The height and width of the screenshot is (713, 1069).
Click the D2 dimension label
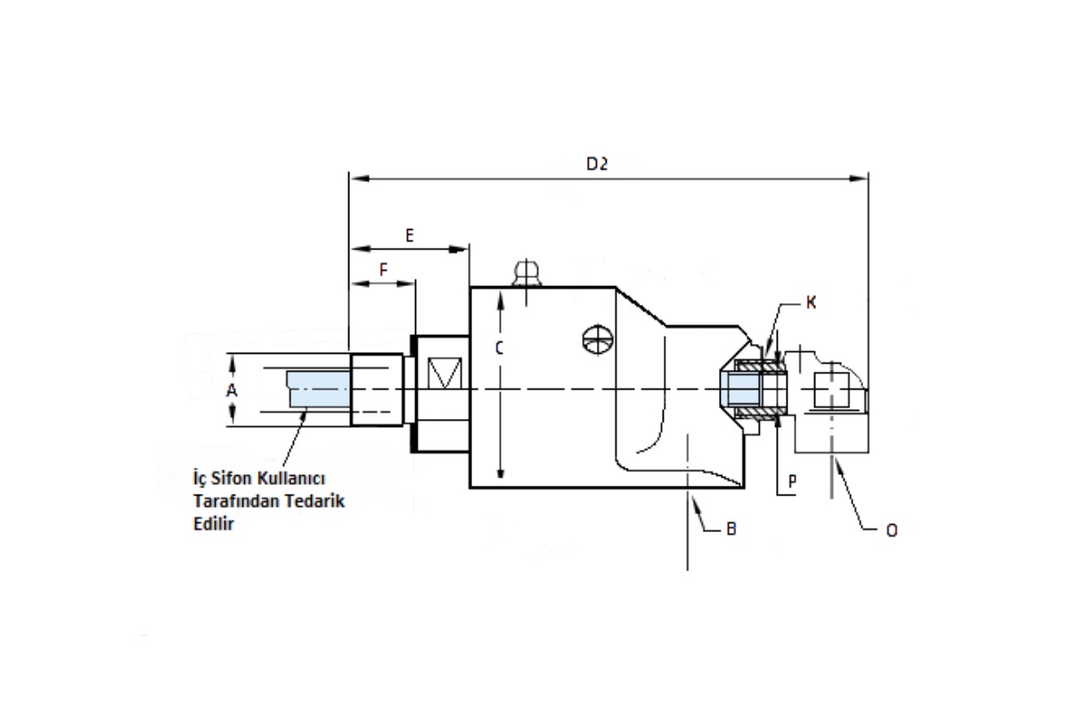(x=597, y=164)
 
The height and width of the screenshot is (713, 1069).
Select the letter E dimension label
(x=410, y=235)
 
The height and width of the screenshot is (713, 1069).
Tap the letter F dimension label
(x=383, y=270)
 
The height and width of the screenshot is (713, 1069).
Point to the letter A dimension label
(x=232, y=390)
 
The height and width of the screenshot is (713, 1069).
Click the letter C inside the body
(x=499, y=348)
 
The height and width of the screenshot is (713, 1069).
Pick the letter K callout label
(x=811, y=302)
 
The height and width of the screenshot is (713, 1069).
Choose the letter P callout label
(x=792, y=481)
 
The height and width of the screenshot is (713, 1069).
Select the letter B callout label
(x=731, y=529)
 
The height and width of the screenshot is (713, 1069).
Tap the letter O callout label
(x=892, y=530)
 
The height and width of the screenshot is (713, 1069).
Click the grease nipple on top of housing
(x=526, y=274)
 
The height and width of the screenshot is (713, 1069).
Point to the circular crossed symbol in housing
(x=598, y=340)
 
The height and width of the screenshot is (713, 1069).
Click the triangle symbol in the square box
(x=445, y=373)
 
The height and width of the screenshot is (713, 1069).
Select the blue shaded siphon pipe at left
(x=318, y=389)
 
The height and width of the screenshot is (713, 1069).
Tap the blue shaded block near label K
(x=740, y=389)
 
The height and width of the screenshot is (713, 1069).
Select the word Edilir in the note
(x=213, y=524)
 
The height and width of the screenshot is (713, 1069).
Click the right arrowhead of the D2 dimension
(x=859, y=178)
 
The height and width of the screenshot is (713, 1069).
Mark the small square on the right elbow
(x=832, y=390)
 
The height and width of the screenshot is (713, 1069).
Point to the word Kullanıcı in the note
(x=291, y=478)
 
